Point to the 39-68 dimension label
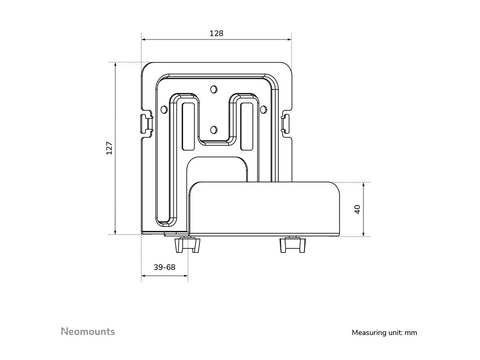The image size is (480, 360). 166,267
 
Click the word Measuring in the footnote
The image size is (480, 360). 371,332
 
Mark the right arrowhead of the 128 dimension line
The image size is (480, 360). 290,40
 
